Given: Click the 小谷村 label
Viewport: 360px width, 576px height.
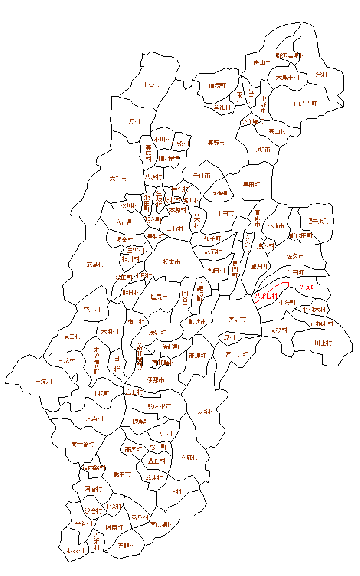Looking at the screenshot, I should click(x=151, y=84).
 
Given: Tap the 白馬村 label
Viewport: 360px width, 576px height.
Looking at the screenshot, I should click(x=132, y=122).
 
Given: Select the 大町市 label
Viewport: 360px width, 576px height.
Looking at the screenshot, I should click(x=118, y=179).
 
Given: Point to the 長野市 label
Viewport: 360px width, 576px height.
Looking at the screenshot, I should click(x=216, y=143).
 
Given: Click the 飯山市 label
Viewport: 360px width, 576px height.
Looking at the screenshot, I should click(x=262, y=62).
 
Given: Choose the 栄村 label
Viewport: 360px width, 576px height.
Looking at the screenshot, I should click(x=322, y=74).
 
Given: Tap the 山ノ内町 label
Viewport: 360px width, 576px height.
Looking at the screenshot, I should click(x=305, y=103).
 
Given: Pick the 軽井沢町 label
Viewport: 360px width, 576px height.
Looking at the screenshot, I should click(x=318, y=221).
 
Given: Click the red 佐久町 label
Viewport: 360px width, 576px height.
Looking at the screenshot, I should click(x=308, y=288).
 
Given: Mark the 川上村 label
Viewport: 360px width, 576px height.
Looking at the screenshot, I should click(x=323, y=343).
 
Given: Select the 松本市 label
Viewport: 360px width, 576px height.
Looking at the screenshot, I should click(x=171, y=262).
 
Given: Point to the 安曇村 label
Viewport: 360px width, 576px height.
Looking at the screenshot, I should click(x=96, y=264).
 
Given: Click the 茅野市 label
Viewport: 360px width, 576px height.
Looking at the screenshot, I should click(x=237, y=319).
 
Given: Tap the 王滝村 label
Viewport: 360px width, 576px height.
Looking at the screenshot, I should click(x=44, y=381).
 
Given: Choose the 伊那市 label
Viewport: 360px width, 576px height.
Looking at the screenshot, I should click(x=156, y=380).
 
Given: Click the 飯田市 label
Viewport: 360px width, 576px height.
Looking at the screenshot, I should click(x=122, y=474).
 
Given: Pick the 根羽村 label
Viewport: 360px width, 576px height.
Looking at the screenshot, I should click(x=75, y=550).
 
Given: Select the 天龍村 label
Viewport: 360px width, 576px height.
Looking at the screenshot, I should click(x=126, y=546).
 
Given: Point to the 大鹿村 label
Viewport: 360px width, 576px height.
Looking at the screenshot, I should click(x=189, y=457).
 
